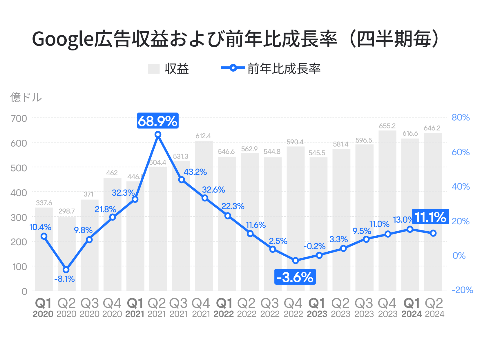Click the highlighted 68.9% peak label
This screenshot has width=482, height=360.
click(x=158, y=121)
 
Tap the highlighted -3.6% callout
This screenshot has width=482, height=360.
click(x=295, y=277)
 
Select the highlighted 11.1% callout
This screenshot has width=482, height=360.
click(x=430, y=217)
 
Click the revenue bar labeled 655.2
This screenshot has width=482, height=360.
click(x=387, y=210)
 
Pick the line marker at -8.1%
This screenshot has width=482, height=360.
click(x=66, y=270)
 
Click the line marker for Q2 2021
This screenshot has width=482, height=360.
click(x=158, y=134)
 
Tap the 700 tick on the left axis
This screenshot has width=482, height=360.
click(x=19, y=118)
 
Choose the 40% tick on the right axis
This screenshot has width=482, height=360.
click(x=461, y=186)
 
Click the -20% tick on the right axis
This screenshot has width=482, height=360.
click(x=462, y=290)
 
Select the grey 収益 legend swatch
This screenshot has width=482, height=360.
click(x=154, y=69)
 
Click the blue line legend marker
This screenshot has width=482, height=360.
click(x=233, y=68)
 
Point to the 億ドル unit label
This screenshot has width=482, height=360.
click(x=26, y=97)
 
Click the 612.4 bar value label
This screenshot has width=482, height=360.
click(x=203, y=136)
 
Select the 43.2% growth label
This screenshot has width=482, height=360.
click(x=195, y=172)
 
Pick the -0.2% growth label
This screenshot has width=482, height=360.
click(x=314, y=246)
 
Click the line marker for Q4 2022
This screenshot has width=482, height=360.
click(x=296, y=261)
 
